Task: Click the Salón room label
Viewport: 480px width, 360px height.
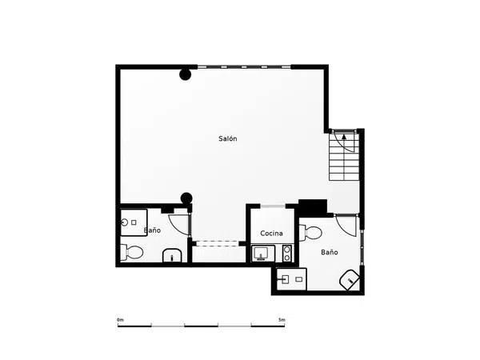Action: tap(228, 138)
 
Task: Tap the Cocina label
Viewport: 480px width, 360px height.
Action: tap(271, 234)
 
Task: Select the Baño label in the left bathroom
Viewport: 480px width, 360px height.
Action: tap(153, 230)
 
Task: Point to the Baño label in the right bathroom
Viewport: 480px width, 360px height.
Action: tap(330, 252)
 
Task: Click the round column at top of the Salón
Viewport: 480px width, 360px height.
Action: tap(186, 74)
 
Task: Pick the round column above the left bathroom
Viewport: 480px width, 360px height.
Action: tap(186, 198)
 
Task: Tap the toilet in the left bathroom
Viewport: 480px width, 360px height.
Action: tap(132, 253)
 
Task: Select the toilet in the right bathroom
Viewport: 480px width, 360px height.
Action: tap(310, 233)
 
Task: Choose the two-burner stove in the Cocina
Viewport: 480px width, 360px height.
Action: tap(287, 254)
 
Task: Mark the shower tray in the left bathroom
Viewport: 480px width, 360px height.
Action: tap(134, 222)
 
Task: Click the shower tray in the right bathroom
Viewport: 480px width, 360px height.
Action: tap(291, 279)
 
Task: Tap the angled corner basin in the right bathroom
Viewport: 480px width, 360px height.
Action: tap(350, 280)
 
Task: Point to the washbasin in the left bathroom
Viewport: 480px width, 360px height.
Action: tap(172, 256)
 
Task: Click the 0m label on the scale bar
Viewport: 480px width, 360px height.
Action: tap(120, 320)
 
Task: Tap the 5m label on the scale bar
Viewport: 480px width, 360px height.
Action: tap(282, 320)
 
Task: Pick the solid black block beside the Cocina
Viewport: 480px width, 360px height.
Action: tap(314, 207)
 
